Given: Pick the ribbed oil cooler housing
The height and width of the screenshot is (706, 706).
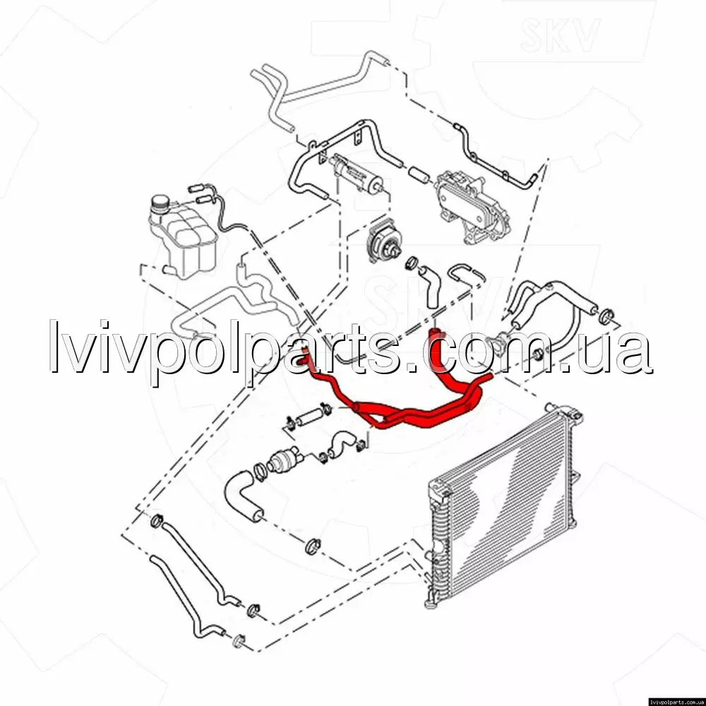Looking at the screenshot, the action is [x=473, y=207].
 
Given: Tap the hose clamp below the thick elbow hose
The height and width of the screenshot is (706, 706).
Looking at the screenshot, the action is [x=313, y=546].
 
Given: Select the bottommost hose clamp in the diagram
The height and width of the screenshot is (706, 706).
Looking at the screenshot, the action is [x=239, y=641].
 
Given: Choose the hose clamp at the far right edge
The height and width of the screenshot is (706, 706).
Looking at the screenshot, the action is [x=607, y=316].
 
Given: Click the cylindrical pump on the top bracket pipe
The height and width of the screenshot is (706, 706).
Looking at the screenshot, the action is [x=358, y=174].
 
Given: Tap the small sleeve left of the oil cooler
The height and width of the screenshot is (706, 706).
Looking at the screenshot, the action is [x=419, y=174].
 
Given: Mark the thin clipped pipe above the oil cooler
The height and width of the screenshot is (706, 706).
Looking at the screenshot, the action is [x=496, y=155].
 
